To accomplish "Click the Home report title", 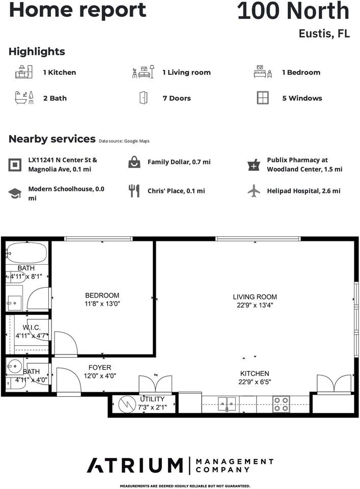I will click(x=77, y=10).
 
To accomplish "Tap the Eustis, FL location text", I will click(x=324, y=34).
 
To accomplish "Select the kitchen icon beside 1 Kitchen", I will click(x=24, y=72).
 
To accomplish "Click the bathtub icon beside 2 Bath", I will click(x=24, y=98).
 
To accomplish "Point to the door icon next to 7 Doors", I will click(x=143, y=98).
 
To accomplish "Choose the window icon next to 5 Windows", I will click(x=263, y=98).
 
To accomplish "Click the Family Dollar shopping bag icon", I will click(x=134, y=162).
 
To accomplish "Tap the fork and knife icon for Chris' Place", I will click(x=134, y=191).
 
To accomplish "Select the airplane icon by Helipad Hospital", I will click(x=254, y=191).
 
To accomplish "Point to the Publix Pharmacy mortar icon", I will click(x=254, y=165).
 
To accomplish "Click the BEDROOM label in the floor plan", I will click(x=102, y=295).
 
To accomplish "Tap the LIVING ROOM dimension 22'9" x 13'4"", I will click(x=255, y=305).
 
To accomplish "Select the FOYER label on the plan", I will click(x=99, y=367).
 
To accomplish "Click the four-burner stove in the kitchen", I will click(x=281, y=404).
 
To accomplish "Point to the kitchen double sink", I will click(x=227, y=404).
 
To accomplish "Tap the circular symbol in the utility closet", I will click(x=125, y=404).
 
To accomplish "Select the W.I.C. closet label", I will click(x=31, y=327).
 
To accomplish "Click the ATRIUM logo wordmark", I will click(x=134, y=465).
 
